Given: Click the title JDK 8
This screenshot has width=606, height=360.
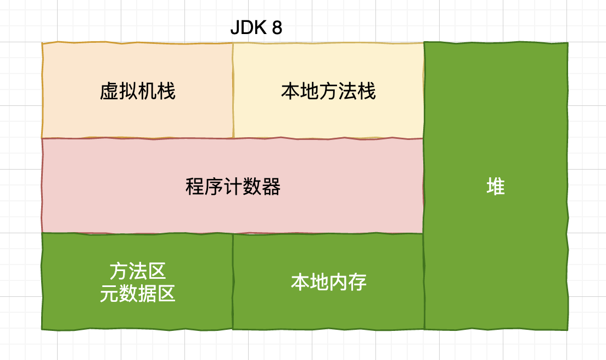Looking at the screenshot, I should click(x=256, y=28).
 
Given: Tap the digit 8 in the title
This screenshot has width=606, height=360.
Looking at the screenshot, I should click(x=277, y=28).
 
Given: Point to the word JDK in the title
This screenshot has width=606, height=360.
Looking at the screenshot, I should click(x=246, y=28).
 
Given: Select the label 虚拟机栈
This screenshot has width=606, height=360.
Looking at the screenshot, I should click(x=138, y=91).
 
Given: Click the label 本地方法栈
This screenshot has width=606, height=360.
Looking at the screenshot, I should click(x=328, y=91).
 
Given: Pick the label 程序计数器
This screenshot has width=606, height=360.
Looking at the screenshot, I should click(x=233, y=187).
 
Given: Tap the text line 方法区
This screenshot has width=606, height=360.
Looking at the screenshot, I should click(x=138, y=271).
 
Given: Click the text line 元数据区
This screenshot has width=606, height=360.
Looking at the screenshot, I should click(x=138, y=294).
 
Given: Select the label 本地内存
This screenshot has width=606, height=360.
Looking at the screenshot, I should click(x=328, y=282).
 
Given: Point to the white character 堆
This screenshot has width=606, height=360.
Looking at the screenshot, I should click(x=496, y=187).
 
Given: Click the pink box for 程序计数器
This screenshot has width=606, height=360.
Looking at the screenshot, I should click(x=329, y=209).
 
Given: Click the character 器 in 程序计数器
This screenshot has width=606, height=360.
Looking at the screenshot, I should click(x=272, y=187).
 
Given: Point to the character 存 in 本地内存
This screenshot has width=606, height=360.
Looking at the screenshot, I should click(x=357, y=282).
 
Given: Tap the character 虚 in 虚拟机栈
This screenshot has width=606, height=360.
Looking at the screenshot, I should click(x=109, y=91).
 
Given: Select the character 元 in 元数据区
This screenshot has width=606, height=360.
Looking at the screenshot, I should click(x=109, y=294).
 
